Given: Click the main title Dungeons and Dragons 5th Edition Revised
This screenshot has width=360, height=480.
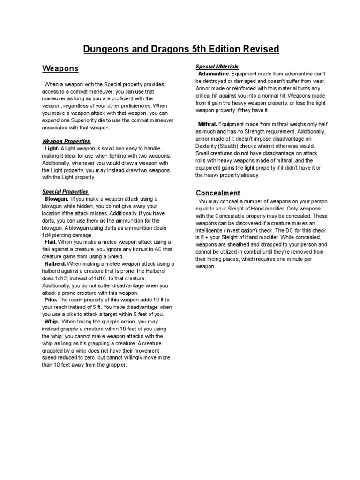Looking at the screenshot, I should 181,49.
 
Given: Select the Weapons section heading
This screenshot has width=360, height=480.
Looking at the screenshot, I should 60,69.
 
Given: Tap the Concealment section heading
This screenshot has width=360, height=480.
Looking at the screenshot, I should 218,193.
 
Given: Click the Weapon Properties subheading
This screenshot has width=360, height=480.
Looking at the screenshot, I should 66,141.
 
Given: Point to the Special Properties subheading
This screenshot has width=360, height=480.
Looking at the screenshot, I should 65,192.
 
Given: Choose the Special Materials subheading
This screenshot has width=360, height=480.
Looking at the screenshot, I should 217,67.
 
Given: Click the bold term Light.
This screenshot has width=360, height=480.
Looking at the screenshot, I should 52,148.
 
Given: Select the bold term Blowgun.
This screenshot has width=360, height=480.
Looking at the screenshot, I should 56,199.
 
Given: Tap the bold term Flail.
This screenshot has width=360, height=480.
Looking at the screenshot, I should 51,242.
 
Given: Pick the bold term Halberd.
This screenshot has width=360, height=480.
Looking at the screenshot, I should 55,264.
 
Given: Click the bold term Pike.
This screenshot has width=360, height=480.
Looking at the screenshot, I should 51,300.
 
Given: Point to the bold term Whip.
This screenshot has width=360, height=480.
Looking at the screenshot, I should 52,322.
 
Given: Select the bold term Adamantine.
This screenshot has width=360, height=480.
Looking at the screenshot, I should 214,74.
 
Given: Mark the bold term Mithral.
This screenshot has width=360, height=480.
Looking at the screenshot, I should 208,125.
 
